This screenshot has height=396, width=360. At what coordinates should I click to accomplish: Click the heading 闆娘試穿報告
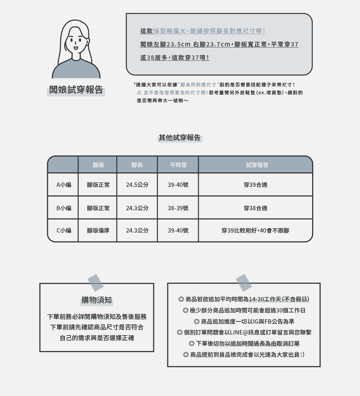[76, 90]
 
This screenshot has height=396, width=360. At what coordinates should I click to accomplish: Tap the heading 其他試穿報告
[180, 138]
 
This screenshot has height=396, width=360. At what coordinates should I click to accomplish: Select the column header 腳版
[98, 165]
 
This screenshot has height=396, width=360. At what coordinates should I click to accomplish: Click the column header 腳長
[137, 165]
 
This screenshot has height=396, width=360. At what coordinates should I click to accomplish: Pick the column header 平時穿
[178, 165]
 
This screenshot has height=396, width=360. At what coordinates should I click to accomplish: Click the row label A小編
[64, 185]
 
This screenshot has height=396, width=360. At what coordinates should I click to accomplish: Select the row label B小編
[64, 208]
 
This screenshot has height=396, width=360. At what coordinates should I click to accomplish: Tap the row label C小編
[64, 230]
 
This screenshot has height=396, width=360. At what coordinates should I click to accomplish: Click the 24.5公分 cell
[137, 185]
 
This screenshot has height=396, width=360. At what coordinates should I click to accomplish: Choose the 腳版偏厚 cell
[98, 230]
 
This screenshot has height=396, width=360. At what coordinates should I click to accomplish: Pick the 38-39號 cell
[178, 208]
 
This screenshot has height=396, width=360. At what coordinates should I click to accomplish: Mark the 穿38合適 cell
[255, 208]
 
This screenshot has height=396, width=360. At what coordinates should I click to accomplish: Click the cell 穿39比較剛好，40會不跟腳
[255, 230]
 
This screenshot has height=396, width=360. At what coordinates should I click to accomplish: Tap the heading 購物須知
[96, 300]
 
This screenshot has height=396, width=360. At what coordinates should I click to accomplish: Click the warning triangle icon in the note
[139, 93]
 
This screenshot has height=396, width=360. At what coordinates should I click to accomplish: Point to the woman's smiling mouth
[76, 48]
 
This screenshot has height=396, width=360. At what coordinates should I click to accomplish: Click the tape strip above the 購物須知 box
[95, 283]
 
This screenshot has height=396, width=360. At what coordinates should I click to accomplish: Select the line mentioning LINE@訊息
[244, 332]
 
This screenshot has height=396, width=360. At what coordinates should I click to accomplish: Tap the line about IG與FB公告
[244, 321]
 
